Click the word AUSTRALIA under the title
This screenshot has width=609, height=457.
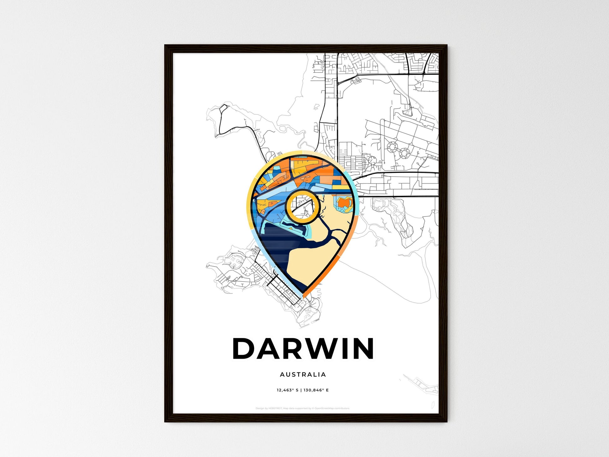tap(303, 374)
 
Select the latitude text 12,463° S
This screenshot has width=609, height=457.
tap(287, 390)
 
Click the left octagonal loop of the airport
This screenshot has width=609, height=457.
tap(392, 146)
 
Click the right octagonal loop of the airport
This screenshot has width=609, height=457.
tap(404, 153)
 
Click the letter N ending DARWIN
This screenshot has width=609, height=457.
tap(363, 348)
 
